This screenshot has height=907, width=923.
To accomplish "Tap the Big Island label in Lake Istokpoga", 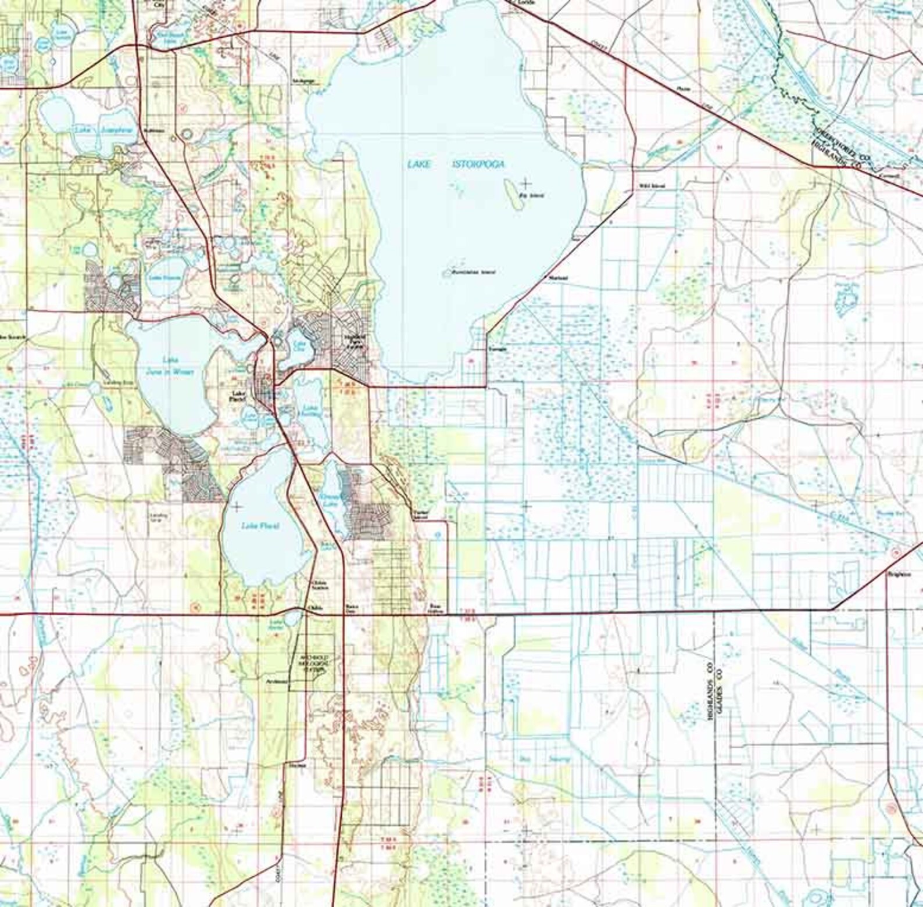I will [535, 196].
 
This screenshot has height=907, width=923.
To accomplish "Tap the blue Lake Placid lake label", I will [260, 526].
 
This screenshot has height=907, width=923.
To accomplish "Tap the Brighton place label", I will [896, 574].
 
